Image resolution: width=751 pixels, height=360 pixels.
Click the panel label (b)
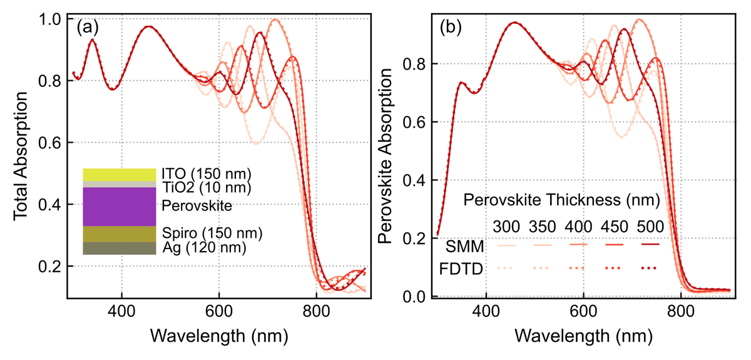(x=451, y=28)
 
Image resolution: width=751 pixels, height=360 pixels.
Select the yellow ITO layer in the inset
(x=119, y=175)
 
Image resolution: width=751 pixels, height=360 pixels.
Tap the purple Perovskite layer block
(x=119, y=207)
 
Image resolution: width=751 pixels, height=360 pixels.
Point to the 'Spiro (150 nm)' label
(x=211, y=234)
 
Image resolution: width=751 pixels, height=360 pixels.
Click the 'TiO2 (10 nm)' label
(x=206, y=187)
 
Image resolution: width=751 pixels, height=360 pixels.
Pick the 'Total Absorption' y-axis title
(x=20, y=156)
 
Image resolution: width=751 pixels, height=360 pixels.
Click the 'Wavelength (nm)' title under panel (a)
(x=218, y=336)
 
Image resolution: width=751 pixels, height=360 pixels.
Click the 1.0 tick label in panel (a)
(x=51, y=19)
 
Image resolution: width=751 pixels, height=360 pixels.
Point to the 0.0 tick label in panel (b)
(x=418, y=297)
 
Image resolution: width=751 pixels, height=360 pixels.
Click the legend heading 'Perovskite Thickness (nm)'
(x=561, y=200)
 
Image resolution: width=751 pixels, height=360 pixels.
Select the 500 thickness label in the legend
(x=650, y=225)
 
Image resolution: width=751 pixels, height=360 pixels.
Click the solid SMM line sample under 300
(x=506, y=245)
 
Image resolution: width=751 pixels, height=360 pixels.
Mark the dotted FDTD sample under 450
(x=615, y=269)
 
